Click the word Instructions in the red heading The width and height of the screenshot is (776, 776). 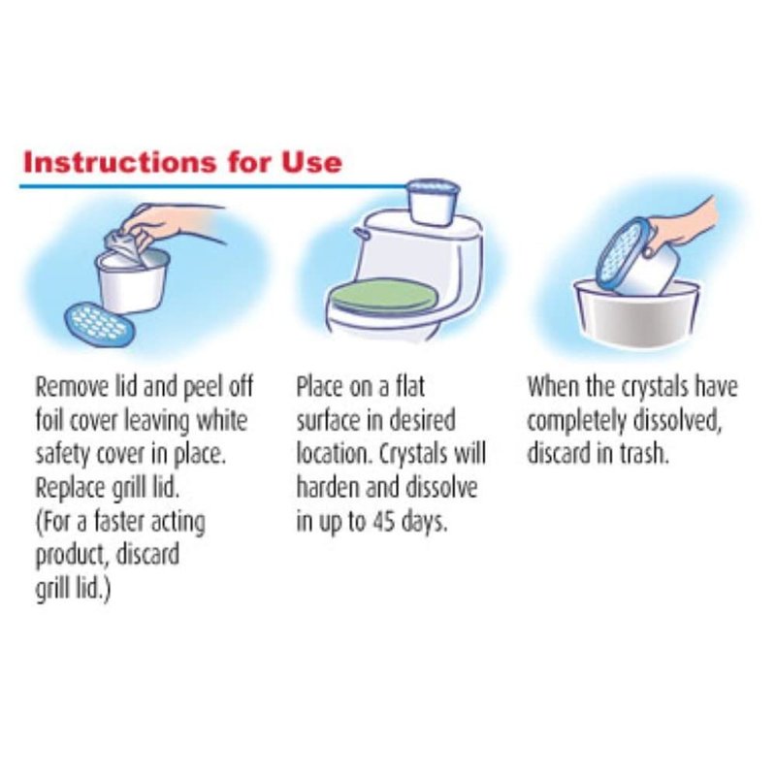pos(120,162)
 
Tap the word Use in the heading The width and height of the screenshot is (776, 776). pos(311,162)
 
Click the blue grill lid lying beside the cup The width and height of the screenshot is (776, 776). pos(100,324)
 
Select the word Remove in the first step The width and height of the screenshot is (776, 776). pos(72,386)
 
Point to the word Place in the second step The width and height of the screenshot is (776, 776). pos(320,386)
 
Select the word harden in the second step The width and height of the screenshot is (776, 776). pos(328,488)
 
